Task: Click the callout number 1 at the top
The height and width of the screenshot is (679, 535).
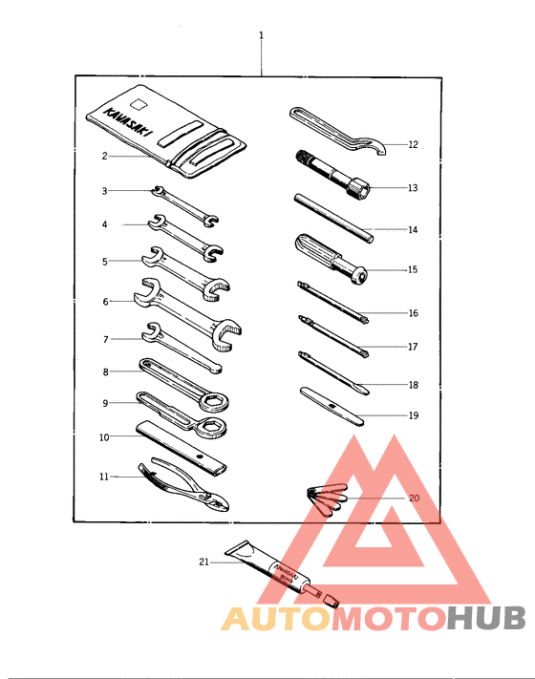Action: pyautogui.click(x=261, y=35)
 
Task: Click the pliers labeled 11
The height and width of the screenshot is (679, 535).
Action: pyautogui.click(x=187, y=486)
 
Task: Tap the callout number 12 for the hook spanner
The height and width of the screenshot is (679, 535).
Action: pyautogui.click(x=413, y=145)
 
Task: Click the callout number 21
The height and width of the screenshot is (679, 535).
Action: pyautogui.click(x=203, y=562)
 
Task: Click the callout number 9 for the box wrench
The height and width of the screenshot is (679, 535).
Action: pyautogui.click(x=105, y=403)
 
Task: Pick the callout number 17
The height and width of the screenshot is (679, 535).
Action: pyautogui.click(x=413, y=347)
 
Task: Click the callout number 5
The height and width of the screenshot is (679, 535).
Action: pyautogui.click(x=105, y=260)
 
